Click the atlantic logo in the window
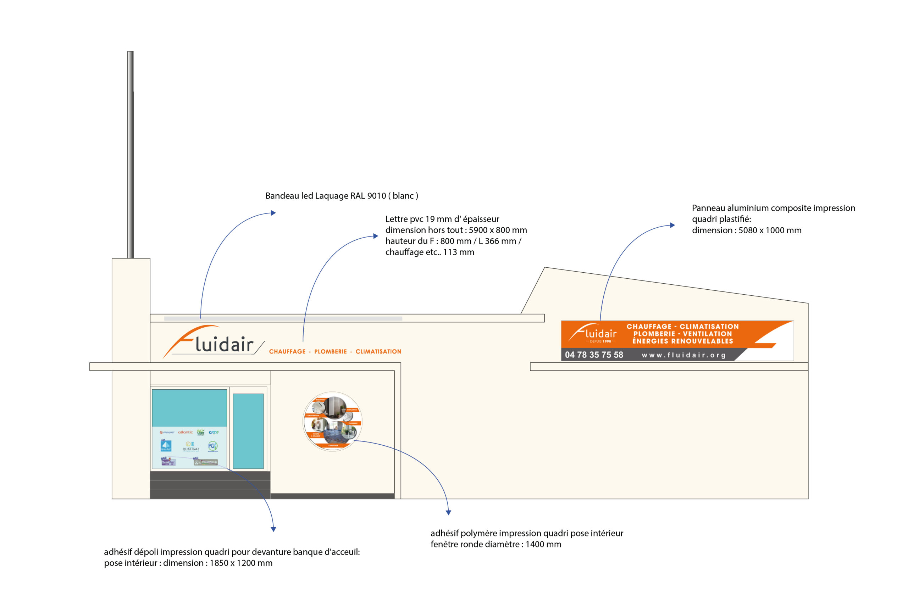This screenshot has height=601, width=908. pyautogui.click(x=185, y=432)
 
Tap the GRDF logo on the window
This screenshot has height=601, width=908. pyautogui.click(x=214, y=432)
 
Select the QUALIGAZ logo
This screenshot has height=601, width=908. pyautogui.click(x=190, y=446)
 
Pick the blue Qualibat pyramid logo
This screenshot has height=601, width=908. pyautogui.click(x=166, y=445)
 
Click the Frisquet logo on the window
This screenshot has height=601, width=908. pyautogui.click(x=167, y=432)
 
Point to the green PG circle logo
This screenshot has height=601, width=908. pyautogui.click(x=212, y=446)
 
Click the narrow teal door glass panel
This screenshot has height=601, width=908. pyautogui.click(x=248, y=431)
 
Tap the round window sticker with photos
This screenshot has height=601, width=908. pyautogui.click(x=332, y=421)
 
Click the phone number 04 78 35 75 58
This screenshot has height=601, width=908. pyautogui.click(x=594, y=355)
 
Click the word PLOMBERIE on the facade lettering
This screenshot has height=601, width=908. pyautogui.click(x=330, y=351)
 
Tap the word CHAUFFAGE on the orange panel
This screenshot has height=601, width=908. pyautogui.click(x=649, y=327)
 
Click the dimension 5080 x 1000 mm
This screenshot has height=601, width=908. pyautogui.click(x=770, y=230)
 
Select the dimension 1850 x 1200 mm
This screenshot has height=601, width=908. pyautogui.click(x=241, y=563)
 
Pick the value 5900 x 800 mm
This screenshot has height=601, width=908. pyautogui.click(x=497, y=230)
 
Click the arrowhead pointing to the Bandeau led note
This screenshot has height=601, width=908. pyautogui.click(x=273, y=213)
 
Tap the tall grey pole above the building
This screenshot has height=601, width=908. pyautogui.click(x=131, y=153)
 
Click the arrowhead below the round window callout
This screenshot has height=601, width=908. pyautogui.click(x=448, y=512)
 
